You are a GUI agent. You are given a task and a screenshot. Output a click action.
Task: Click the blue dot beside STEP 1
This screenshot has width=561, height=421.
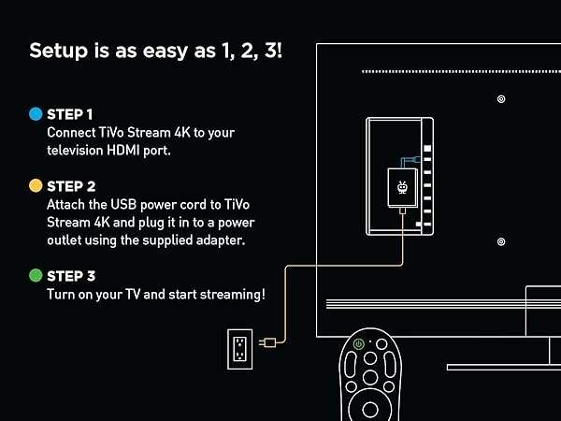[x=35, y=114]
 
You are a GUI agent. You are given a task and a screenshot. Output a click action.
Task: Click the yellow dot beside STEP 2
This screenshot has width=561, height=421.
[x=35, y=185]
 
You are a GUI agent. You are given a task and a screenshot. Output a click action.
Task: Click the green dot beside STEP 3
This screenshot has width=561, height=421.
[x=35, y=275]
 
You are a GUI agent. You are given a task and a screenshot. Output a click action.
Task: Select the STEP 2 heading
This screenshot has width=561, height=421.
[x=70, y=185]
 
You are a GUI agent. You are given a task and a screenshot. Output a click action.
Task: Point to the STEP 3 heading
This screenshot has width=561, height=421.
[x=70, y=275]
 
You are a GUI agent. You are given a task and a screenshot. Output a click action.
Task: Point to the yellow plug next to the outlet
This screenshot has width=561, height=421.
[x=268, y=342]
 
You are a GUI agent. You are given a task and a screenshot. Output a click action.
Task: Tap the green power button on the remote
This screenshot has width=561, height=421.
[x=359, y=344]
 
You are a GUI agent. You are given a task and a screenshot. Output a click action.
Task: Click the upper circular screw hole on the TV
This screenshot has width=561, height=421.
[x=501, y=99]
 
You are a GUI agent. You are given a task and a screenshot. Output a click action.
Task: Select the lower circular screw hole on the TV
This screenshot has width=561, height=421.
[x=501, y=241]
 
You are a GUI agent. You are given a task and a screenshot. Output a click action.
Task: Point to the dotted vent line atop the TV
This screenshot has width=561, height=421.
[x=458, y=71]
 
